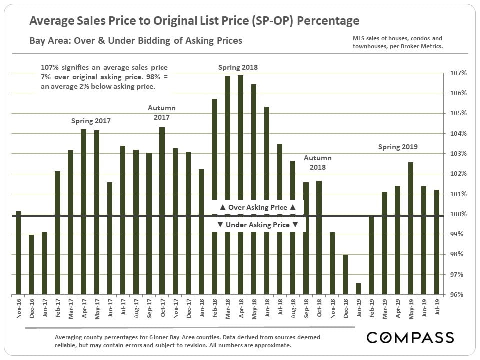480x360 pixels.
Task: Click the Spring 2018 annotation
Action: click(238, 67)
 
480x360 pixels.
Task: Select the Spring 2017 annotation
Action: click(91, 121)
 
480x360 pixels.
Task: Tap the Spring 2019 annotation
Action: click(398, 147)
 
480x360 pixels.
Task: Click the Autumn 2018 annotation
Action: click(318, 163)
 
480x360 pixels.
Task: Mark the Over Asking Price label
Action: click(258, 207)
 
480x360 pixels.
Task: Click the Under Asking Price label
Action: click(258, 225)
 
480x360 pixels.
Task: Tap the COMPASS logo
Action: click(410, 337)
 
